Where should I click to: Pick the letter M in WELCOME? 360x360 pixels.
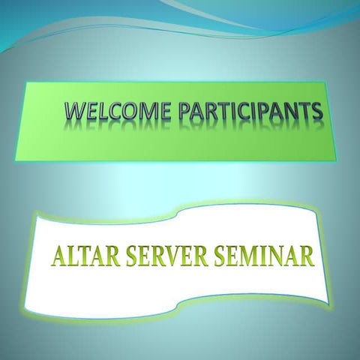tap(147, 112)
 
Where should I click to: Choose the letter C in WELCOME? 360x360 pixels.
tap(115, 112)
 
